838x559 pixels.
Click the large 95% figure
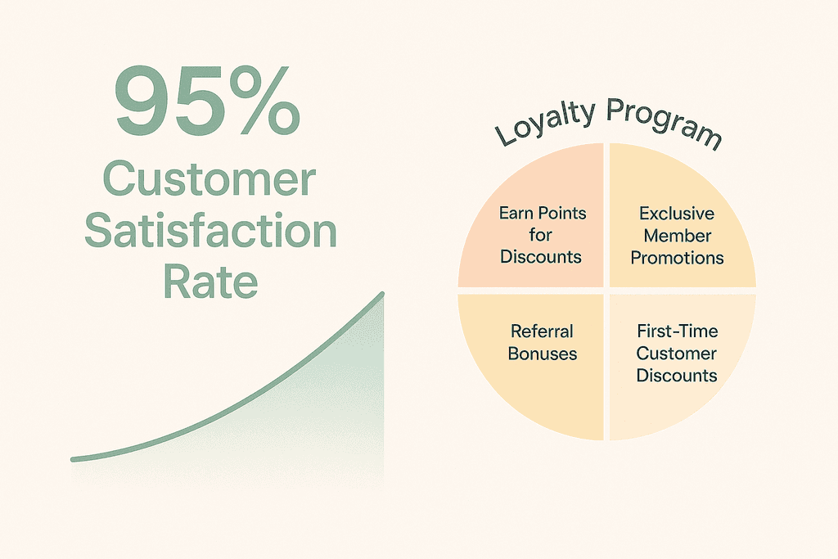[207, 101]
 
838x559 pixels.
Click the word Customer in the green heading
[209, 179]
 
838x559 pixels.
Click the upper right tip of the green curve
[383, 293]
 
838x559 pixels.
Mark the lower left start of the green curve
[73, 459]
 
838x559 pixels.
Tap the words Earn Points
[543, 214]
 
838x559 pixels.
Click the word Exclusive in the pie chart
[677, 214]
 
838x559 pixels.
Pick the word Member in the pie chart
[677, 236]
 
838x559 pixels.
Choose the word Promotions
[677, 258]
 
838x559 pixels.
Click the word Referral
[542, 331]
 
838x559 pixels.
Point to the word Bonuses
[543, 354]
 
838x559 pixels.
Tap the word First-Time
[677, 331]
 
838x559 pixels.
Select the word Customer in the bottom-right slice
[677, 354]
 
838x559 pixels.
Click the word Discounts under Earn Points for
[541, 256]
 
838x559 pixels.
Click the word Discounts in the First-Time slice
[677, 375]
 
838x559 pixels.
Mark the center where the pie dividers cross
[606, 291]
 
